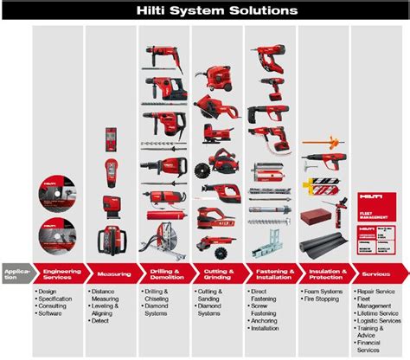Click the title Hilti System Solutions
click(205, 10)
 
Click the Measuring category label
click(113, 273)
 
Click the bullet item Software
click(54, 312)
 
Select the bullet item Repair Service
click(380, 292)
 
